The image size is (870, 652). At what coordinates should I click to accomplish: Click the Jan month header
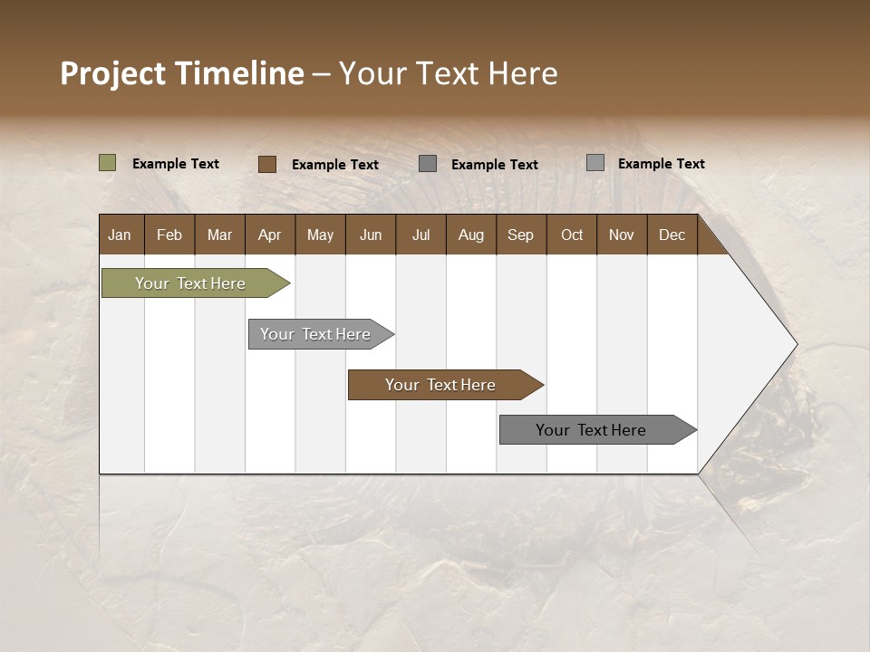[121, 235]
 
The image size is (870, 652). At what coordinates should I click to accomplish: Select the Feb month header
[169, 235]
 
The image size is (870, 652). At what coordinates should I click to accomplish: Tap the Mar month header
[219, 235]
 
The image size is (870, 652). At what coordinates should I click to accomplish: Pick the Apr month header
[270, 235]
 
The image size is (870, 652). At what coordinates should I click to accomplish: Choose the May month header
[320, 235]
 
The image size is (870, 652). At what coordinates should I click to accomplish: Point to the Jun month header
[371, 235]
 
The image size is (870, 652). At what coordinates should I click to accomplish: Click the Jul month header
[420, 235]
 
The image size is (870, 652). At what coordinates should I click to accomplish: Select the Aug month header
[471, 235]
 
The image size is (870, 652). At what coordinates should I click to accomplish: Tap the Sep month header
[521, 235]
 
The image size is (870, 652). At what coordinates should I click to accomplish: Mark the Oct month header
[572, 235]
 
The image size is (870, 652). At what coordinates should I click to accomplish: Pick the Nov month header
[622, 235]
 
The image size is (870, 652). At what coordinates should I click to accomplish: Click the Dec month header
[672, 235]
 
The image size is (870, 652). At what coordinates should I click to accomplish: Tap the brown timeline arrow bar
[441, 385]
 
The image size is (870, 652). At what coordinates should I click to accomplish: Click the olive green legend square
[107, 163]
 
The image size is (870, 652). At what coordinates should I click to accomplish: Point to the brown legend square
[266, 164]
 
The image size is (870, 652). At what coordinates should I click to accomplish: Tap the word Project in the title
[113, 73]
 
